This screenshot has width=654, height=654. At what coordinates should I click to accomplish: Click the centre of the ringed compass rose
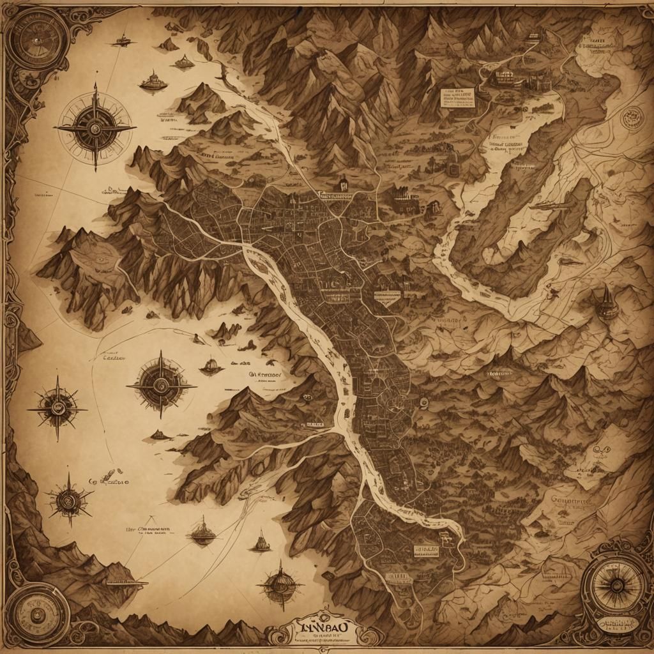(95, 128)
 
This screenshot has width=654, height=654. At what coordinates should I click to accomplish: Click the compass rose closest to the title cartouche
(278, 584)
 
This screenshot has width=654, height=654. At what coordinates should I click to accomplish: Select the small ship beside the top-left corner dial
(121, 42)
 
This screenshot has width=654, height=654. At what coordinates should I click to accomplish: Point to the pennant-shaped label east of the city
(386, 295)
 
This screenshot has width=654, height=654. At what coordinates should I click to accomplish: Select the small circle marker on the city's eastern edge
(423, 402)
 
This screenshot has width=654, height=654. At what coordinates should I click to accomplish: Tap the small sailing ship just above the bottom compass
(260, 543)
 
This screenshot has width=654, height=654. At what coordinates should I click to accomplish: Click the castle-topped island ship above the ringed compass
(153, 80)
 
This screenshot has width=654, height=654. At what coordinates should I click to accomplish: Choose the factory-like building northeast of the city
(403, 198)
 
